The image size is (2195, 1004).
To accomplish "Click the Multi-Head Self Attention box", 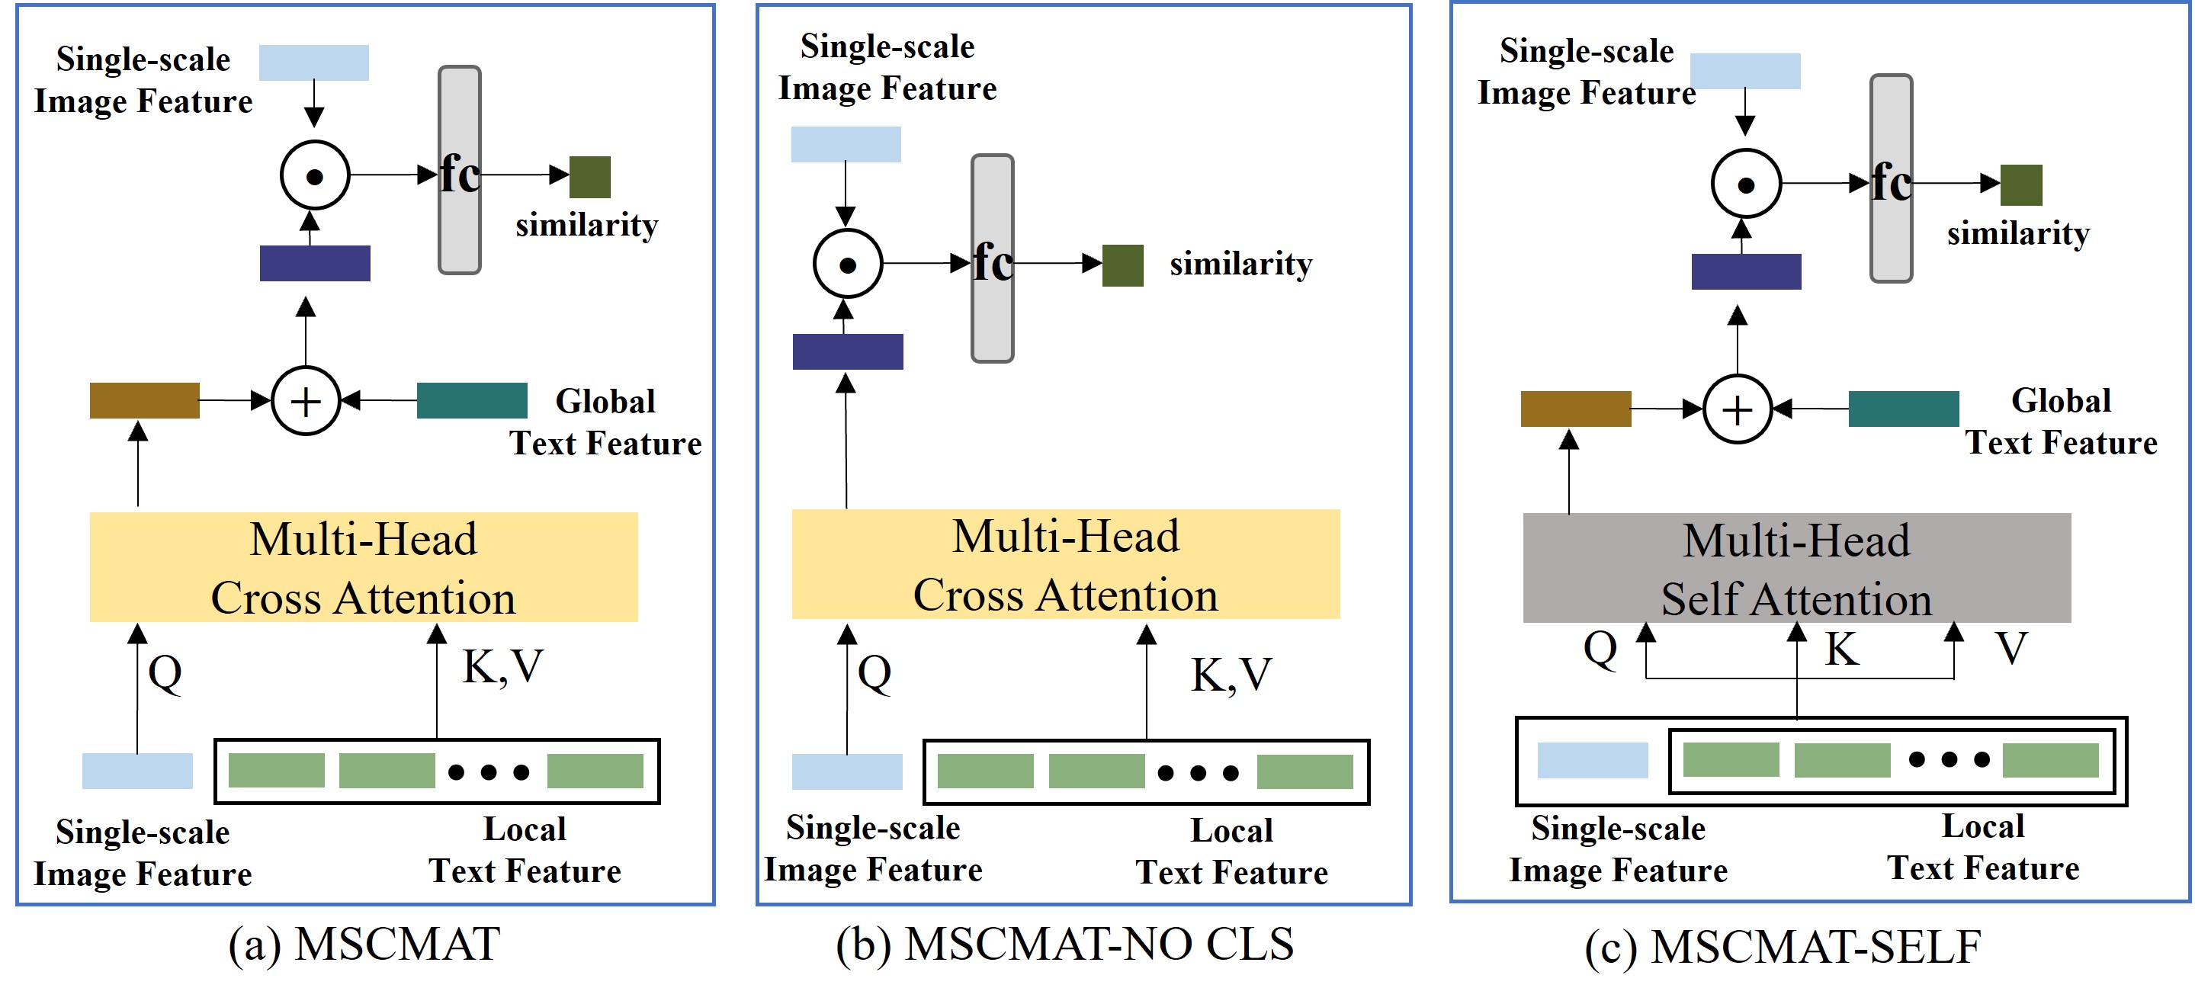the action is coord(1796,568).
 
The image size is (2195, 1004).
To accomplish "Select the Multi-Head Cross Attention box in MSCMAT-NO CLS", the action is coord(1065,564).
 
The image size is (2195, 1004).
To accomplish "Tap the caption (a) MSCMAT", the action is coord(364,945).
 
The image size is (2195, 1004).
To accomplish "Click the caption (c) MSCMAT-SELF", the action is coord(1783,948).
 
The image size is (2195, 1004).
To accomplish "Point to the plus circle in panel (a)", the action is coord(306,400).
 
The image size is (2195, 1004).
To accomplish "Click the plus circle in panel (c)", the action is coord(1738,409).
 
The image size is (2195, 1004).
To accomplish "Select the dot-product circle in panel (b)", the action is coord(848,265).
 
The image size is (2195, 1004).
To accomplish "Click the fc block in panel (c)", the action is coord(1892,178).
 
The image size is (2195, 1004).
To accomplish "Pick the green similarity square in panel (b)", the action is coord(1123,266).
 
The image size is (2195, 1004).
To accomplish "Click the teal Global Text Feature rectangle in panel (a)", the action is coord(472,400).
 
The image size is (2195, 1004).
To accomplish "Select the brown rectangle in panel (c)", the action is coord(1575,409).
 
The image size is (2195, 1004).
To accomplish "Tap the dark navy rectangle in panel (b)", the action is coord(848,352).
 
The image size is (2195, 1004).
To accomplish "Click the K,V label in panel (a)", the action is coord(502,667).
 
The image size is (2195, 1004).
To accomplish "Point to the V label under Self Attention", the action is coord(2012,649).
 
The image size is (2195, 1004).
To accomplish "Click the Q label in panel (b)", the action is coord(875,673).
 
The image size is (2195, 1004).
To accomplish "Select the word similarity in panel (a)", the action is coord(587,225).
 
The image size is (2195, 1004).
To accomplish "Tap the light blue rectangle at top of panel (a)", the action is coord(313,63).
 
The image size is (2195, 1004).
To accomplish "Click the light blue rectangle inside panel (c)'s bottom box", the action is coord(1593,760).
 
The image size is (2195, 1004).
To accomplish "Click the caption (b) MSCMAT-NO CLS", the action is coord(1065,945).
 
